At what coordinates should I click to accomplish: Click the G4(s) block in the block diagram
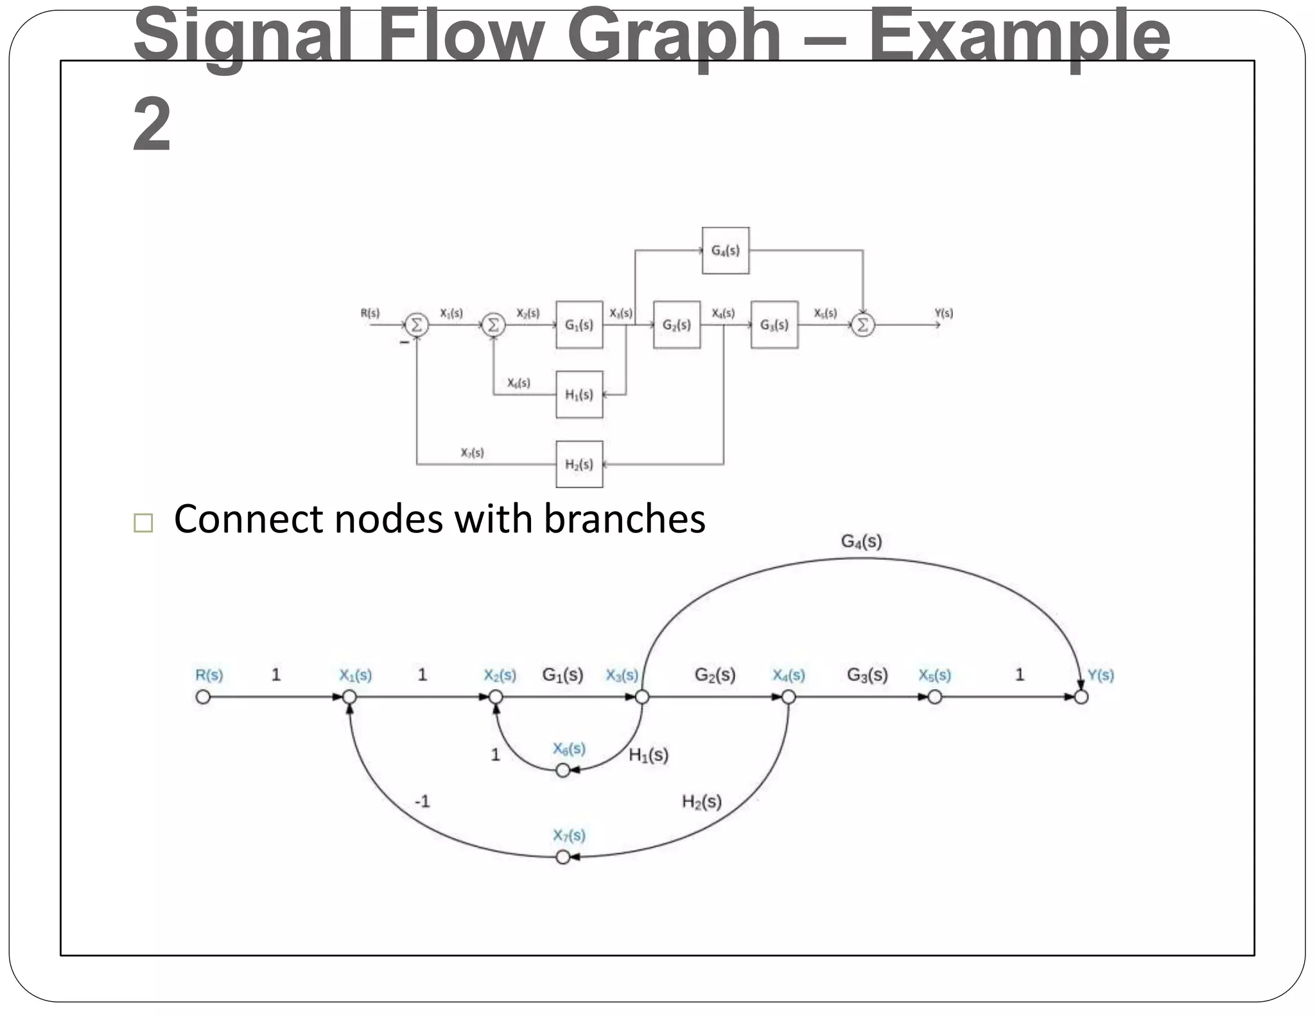point(726,250)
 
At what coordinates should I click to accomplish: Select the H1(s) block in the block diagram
point(579,394)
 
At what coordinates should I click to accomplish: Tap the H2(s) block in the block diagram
point(579,464)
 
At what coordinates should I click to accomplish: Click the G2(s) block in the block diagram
point(677,325)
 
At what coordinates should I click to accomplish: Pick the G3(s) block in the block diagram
point(774,325)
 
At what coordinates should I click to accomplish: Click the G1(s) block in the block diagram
point(579,325)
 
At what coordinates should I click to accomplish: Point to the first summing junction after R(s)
point(416,325)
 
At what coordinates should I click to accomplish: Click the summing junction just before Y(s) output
point(863,325)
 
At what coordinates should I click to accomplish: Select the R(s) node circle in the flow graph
point(203,697)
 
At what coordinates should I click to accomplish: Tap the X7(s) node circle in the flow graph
point(563,857)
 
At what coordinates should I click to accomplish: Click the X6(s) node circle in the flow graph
point(563,771)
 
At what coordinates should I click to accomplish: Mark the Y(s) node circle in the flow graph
point(1081,697)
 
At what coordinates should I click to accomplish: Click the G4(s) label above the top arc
point(861,542)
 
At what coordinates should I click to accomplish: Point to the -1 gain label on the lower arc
point(422,801)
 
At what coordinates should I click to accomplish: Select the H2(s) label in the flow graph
point(701,801)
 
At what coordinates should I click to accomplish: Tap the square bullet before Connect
point(143,523)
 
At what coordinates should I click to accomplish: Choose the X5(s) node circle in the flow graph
point(935,697)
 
